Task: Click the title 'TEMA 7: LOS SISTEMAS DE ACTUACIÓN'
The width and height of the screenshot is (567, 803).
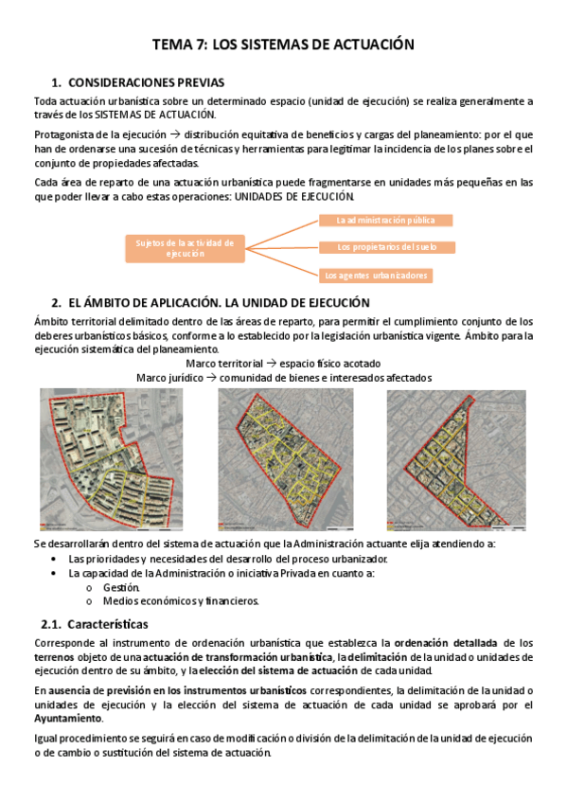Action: pyautogui.click(x=283, y=44)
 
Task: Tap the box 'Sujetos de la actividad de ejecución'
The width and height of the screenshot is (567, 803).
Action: pyautogui.click(x=185, y=247)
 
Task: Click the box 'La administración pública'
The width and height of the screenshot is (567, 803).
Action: pyautogui.click(x=384, y=221)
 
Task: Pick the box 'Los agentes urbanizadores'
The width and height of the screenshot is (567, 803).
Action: pyautogui.click(x=376, y=276)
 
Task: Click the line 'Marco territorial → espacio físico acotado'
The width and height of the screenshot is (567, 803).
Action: pyautogui.click(x=283, y=364)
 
